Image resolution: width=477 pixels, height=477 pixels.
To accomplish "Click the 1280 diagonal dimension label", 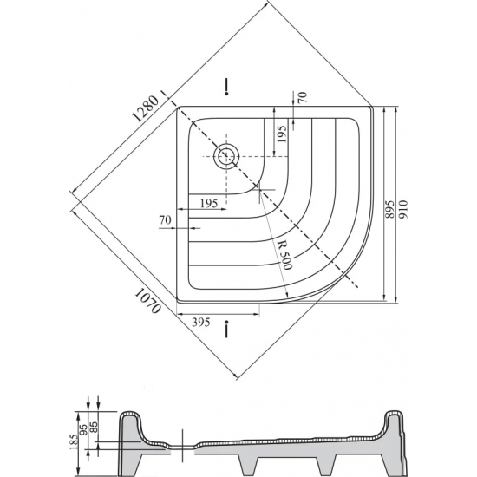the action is [146, 109].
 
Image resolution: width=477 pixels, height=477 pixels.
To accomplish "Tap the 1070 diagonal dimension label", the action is [147, 301].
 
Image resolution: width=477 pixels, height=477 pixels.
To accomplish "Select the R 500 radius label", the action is [285, 256].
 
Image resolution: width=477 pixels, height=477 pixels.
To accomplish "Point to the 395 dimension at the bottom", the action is [201, 322].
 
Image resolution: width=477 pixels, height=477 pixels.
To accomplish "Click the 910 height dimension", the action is [402, 209].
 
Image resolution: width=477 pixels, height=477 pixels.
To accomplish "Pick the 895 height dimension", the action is [389, 209].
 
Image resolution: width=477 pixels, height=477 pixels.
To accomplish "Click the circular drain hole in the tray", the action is [226, 156].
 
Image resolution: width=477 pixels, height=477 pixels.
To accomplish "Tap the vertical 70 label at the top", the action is [303, 97].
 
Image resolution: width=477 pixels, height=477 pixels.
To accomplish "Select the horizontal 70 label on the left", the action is [165, 219].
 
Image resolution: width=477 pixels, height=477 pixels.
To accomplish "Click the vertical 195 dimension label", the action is [282, 134].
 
